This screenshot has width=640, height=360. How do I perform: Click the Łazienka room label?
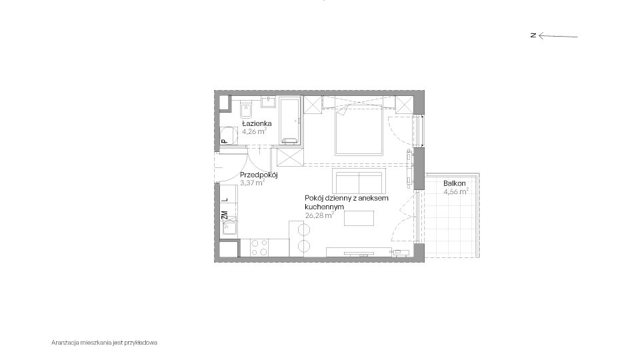click(257, 123)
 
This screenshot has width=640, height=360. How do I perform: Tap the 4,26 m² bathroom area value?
click(254, 131)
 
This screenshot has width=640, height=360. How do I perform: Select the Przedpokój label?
click(259, 175)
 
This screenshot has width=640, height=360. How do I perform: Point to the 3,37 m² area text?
click(252, 183)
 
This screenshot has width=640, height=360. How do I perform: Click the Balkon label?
click(455, 184)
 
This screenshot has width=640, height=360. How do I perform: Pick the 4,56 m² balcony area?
click(456, 191)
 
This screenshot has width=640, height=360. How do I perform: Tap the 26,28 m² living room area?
click(319, 215)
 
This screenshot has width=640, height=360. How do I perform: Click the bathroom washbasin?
click(269, 101)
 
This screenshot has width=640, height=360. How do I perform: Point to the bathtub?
click(290, 121)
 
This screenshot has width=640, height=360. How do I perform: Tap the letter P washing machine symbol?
click(224, 141)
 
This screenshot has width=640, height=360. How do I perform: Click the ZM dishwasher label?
click(224, 215)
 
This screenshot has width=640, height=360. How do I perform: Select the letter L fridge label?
click(224, 200)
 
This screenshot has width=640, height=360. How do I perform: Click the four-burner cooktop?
click(259, 247)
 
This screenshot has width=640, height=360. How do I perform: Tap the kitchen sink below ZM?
click(229, 225)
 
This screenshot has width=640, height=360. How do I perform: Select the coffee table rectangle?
click(359, 218)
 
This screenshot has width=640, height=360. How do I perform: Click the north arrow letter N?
click(533, 35)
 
